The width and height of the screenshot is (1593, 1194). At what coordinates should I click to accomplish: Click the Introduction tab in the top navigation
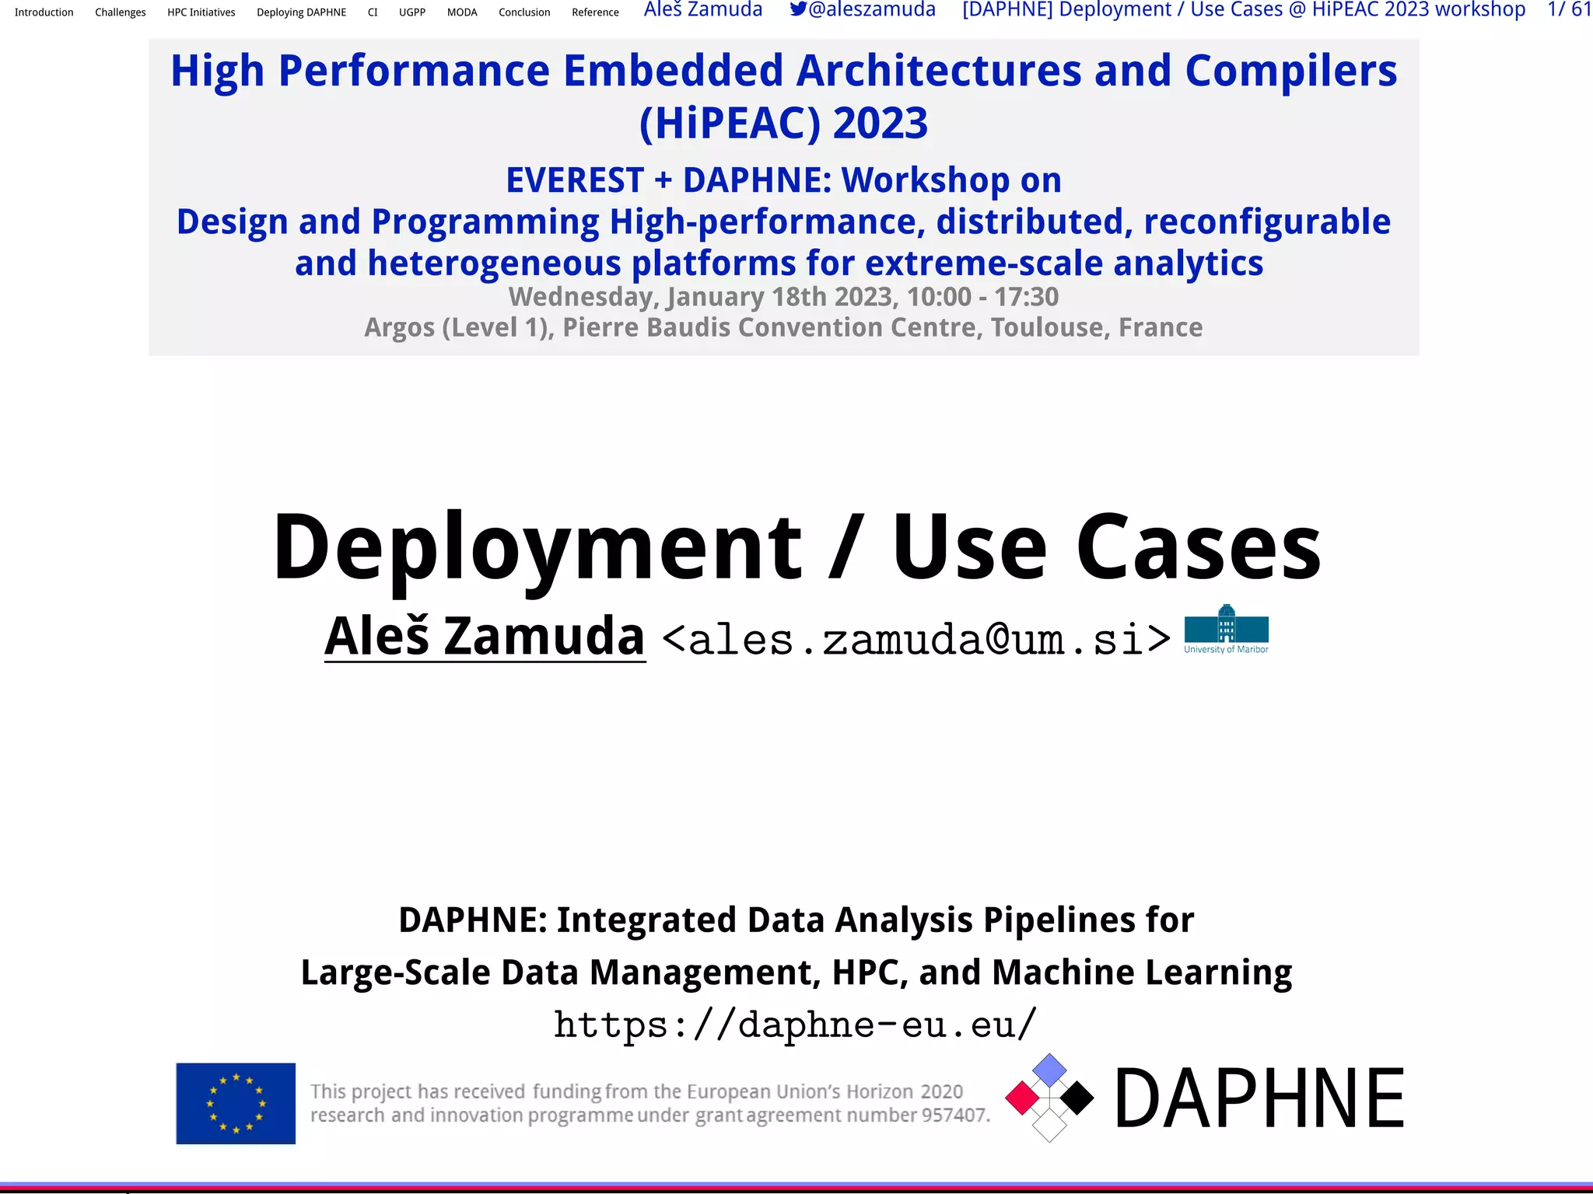[x=44, y=12]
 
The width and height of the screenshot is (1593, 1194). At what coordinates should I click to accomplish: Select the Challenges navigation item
[x=120, y=12]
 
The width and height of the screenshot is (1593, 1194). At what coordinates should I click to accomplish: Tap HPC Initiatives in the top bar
[x=201, y=12]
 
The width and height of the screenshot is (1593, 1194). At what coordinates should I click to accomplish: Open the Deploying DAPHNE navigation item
[x=301, y=12]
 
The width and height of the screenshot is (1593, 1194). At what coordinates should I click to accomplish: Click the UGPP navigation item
[x=411, y=12]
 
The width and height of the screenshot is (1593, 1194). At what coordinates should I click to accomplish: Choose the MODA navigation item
[x=462, y=12]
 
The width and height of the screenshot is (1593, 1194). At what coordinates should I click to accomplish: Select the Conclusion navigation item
[x=524, y=12]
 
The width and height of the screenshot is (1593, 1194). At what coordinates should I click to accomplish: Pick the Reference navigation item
[x=595, y=12]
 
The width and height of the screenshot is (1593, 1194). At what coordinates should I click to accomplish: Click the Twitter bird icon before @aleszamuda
[x=798, y=9]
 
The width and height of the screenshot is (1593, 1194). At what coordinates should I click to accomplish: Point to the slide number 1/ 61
[x=1569, y=9]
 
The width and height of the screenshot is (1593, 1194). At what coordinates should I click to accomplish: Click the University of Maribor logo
[x=1226, y=629]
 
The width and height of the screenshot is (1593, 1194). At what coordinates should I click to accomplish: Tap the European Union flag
[x=236, y=1103]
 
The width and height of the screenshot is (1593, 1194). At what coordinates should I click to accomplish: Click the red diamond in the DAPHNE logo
[x=1023, y=1098]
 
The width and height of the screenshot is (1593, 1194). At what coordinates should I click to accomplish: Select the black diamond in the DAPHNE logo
[x=1077, y=1098]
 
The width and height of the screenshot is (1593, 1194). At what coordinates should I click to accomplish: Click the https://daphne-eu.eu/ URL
[x=795, y=1025]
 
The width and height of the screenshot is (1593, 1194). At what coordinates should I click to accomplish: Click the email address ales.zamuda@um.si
[x=916, y=640]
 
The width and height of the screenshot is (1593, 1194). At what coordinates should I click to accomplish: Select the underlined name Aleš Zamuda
[x=485, y=637]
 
